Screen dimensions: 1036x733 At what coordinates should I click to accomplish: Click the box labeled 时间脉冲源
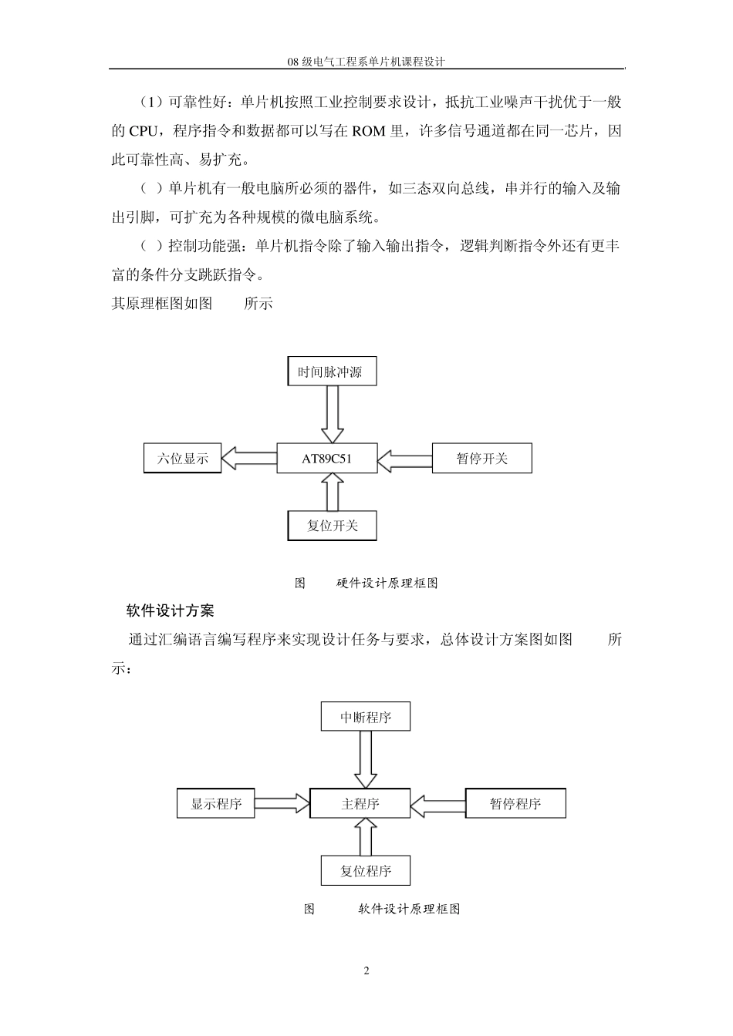(x=330, y=372)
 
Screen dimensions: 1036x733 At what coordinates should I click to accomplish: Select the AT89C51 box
(x=327, y=459)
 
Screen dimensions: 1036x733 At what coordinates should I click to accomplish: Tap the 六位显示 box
(x=183, y=458)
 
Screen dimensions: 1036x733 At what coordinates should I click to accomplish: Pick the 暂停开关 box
(x=482, y=459)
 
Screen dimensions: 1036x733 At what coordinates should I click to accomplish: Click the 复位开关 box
(x=332, y=526)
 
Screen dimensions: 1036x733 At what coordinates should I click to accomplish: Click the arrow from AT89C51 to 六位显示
(x=249, y=459)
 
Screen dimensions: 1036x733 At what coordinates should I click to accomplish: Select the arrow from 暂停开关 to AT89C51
(x=405, y=460)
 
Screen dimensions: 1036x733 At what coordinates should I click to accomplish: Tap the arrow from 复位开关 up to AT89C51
(x=333, y=493)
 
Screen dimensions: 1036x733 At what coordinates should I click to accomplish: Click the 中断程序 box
(x=366, y=717)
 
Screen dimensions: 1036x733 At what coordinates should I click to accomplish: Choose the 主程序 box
(x=360, y=803)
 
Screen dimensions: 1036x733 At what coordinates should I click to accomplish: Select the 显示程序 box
(x=216, y=803)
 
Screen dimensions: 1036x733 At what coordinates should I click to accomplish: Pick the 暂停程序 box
(x=515, y=803)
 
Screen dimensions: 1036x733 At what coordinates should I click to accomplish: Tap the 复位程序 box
(x=366, y=871)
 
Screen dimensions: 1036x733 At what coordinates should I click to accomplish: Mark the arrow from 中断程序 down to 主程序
(x=365, y=759)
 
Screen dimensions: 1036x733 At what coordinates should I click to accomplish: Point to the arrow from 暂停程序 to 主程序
(x=438, y=805)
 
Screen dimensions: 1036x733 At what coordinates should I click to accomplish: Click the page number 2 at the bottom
(x=366, y=970)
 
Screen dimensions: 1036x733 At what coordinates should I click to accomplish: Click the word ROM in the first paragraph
(x=369, y=131)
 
